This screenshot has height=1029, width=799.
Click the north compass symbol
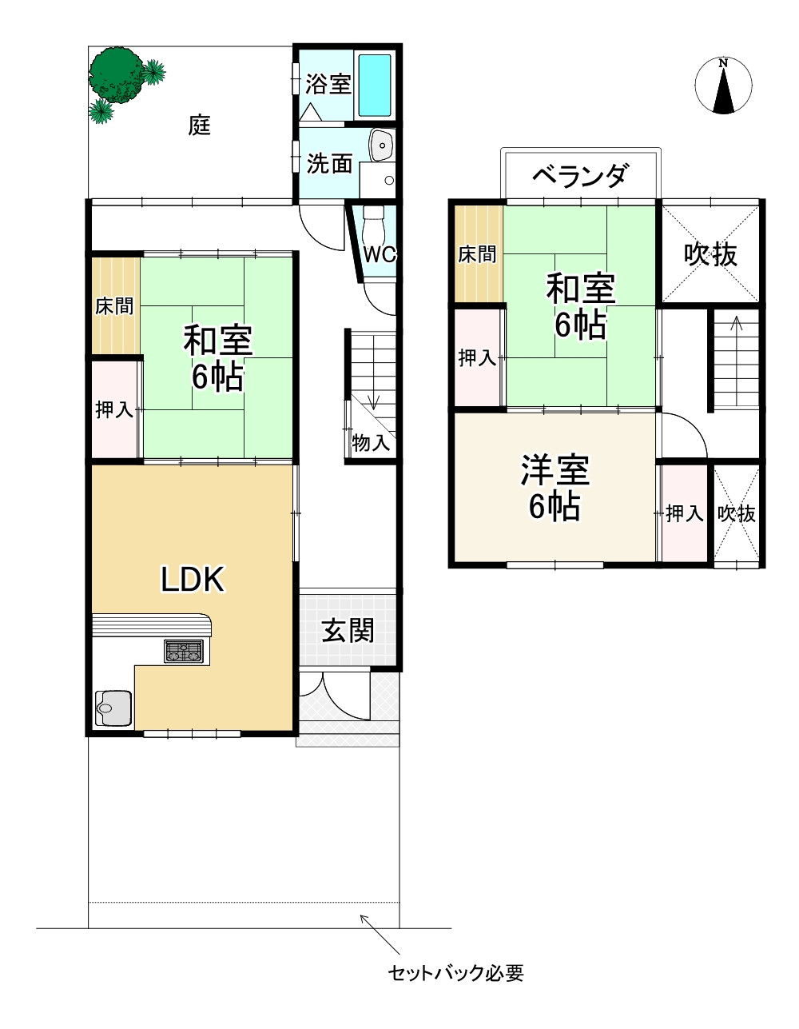coord(724,86)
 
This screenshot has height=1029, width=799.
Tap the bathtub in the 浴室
coord(374,85)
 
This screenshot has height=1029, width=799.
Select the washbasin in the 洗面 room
coord(384,146)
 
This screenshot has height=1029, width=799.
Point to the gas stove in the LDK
coord(185,651)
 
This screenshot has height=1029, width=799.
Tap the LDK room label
coord(193,579)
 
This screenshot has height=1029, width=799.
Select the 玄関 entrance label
coord(348,630)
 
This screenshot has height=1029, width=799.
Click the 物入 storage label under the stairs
coord(371,441)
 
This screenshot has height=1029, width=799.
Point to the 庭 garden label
coord(200,125)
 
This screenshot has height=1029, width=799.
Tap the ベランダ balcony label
coord(580,175)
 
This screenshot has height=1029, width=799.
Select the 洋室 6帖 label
coord(555,488)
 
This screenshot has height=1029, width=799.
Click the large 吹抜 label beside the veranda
coord(710,254)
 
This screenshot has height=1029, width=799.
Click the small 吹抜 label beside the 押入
coord(736,513)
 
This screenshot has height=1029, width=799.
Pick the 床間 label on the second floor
coord(477,254)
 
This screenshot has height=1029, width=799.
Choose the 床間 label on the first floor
coord(114,305)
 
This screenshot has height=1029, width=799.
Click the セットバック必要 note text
coord(455,973)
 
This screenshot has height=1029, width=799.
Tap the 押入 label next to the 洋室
coord(685,513)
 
